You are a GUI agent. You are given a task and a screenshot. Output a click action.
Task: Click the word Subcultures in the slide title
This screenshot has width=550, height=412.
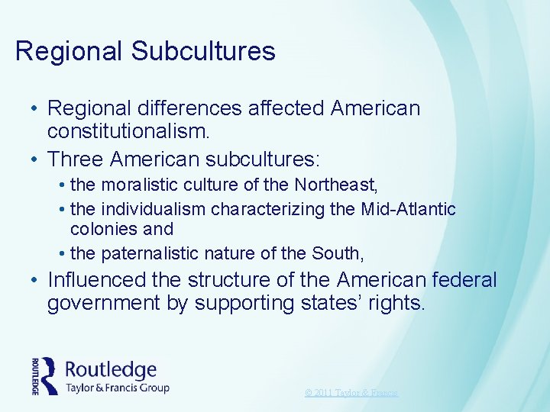[203, 51]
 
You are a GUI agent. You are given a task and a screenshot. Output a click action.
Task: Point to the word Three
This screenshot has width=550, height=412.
[76, 159]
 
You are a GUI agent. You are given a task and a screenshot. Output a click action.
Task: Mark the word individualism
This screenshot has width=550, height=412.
[157, 208]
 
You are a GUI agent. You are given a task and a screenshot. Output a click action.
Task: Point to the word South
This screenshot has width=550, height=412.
[342, 253]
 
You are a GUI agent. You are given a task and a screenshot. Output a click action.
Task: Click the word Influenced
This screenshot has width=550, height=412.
[95, 280]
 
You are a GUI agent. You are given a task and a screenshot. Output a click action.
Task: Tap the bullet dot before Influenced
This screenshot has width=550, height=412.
[34, 281]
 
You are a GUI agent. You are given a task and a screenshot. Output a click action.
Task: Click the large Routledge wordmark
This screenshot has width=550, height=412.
[111, 370]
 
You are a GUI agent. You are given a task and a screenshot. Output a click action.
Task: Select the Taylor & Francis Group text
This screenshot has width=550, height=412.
[117, 387]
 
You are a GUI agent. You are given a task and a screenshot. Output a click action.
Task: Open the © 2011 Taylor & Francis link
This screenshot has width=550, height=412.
[351, 392]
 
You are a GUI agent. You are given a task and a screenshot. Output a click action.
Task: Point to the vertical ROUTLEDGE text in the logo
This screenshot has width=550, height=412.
[36, 375]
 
